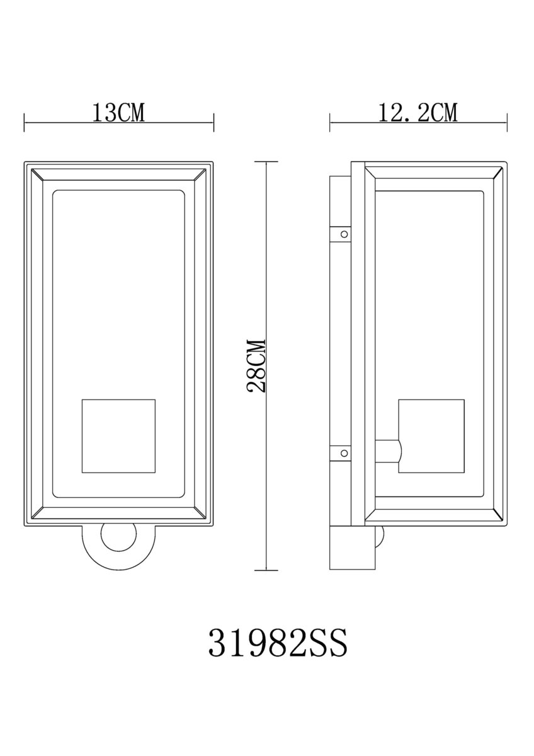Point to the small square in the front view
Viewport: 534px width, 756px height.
(119, 436)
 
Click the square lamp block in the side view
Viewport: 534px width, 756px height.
(431, 436)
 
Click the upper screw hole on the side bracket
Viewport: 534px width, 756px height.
(344, 234)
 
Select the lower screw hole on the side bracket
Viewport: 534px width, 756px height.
(344, 453)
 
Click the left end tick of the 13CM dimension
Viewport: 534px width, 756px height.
(25, 122)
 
